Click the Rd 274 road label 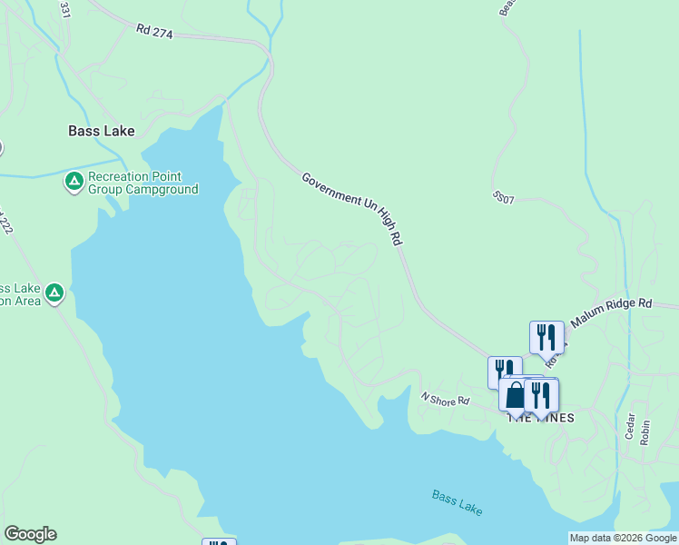(155, 31)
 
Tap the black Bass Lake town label (102, 131)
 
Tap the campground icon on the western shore (54, 292)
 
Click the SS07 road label (504, 196)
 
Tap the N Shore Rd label (445, 399)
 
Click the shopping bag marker (515, 395)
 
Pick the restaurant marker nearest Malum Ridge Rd (546, 337)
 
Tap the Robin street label (645, 431)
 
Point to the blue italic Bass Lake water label (458, 502)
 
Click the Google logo (30, 534)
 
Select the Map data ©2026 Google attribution (623, 538)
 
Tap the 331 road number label (64, 9)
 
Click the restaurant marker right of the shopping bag (541, 395)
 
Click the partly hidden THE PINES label (545, 417)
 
